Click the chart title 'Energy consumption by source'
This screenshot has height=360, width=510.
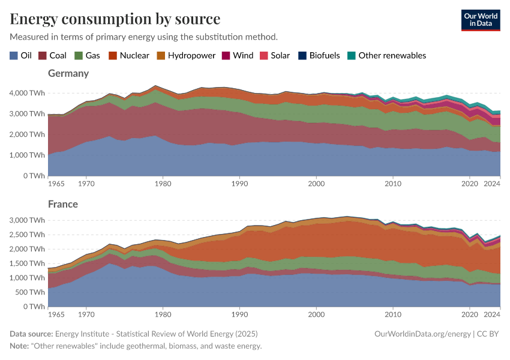coord(115,19)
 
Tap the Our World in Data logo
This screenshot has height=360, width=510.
coord(481,20)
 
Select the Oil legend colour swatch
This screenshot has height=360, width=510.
coord(14,55)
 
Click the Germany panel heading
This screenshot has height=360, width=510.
coord(68,73)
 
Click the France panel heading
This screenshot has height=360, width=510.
coord(63,204)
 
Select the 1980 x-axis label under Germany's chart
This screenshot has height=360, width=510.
coord(163,183)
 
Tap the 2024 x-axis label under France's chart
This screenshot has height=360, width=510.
coord(491,314)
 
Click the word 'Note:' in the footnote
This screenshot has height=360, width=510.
coord(20,346)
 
